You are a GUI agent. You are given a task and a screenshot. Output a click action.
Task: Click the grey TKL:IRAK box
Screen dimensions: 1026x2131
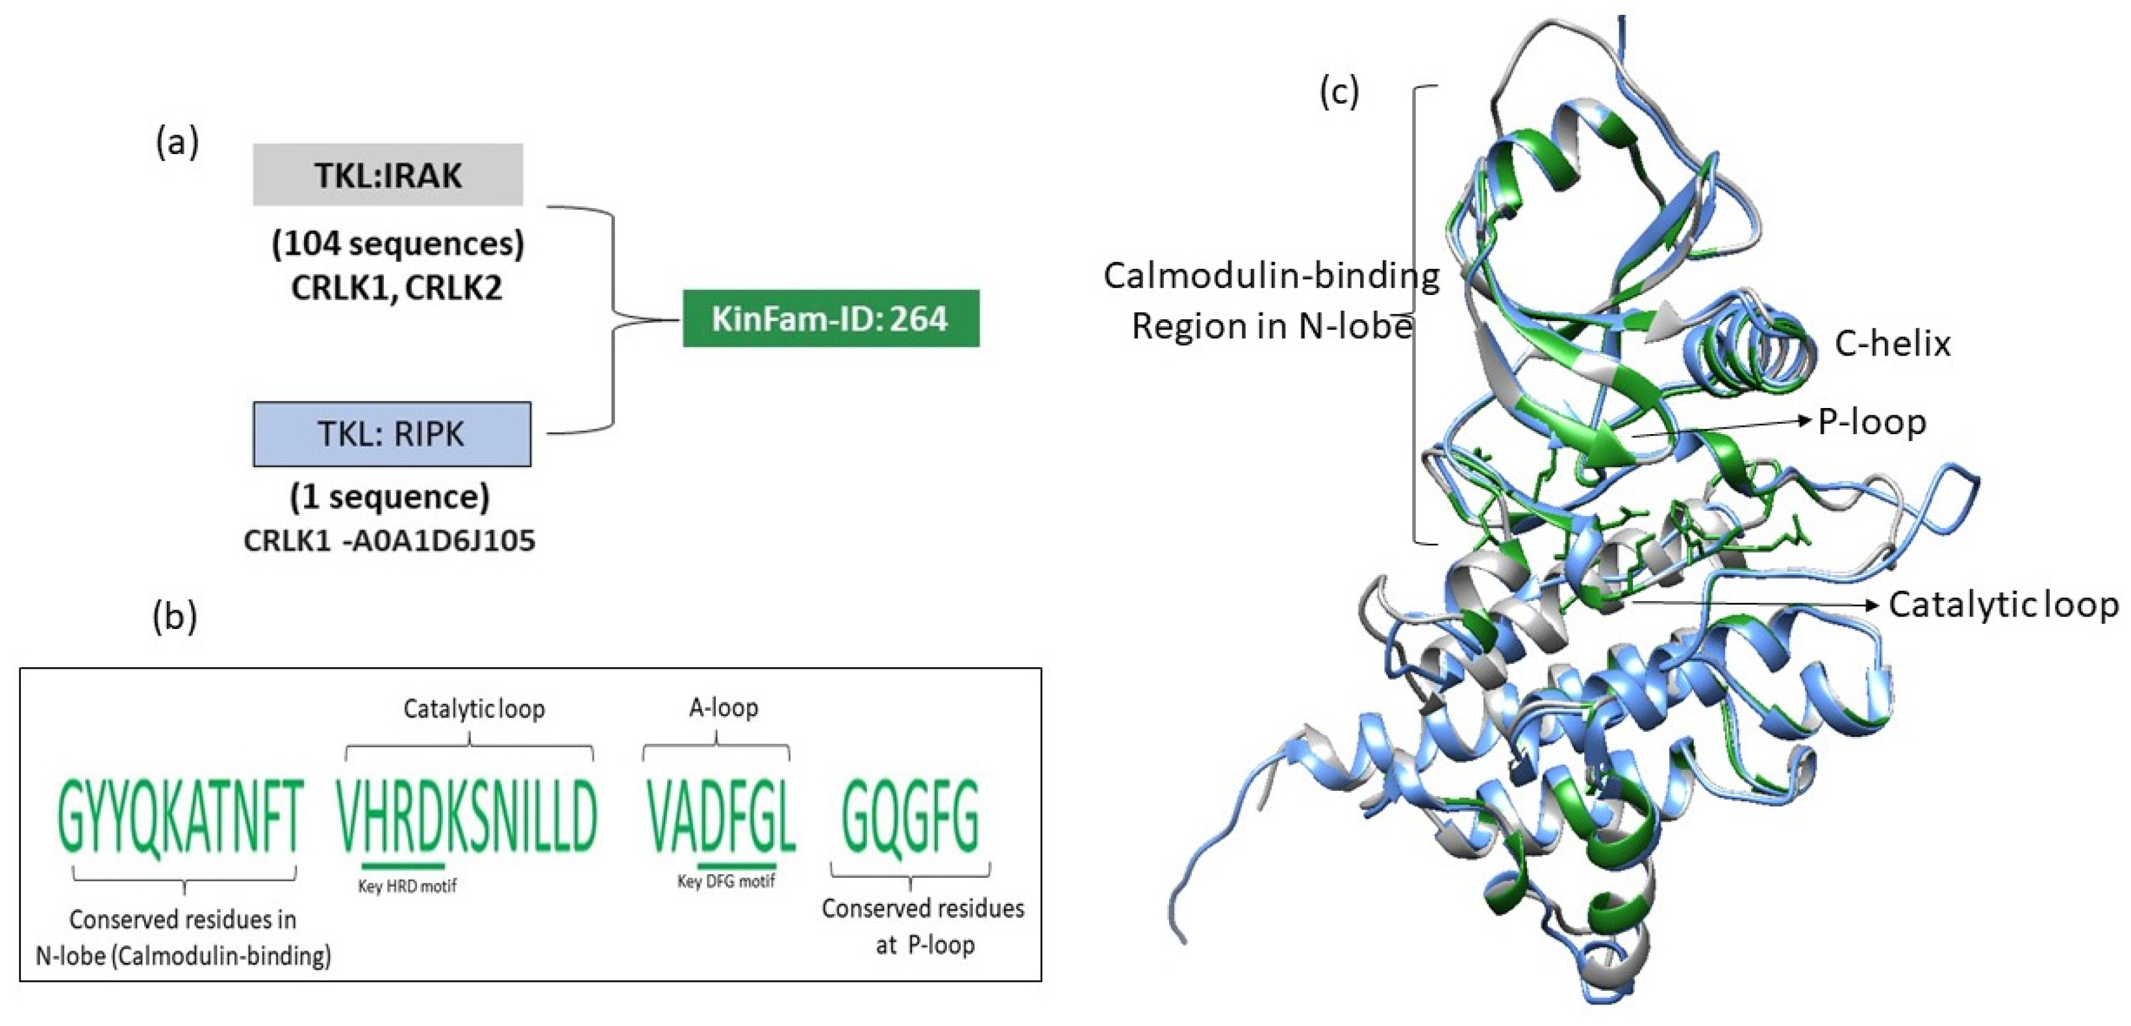[387, 175]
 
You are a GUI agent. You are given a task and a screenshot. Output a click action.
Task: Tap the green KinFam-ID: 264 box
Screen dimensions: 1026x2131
[830, 318]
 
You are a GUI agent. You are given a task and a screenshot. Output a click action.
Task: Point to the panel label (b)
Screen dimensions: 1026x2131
[175, 617]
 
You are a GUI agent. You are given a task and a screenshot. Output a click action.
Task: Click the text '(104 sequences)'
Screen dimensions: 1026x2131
[398, 244]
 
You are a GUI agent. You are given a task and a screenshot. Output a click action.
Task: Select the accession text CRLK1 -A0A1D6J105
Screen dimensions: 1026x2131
[389, 541]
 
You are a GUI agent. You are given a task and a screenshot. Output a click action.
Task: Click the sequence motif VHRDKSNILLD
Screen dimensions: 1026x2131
[468, 816]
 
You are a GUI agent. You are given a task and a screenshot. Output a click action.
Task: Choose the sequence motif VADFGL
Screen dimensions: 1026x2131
[720, 817]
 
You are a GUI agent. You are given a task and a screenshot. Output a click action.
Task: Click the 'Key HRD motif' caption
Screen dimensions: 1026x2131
[407, 886]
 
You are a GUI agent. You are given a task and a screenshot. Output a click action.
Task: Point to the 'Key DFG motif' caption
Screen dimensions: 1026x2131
[725, 881]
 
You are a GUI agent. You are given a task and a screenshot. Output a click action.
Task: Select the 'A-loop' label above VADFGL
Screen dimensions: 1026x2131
[723, 708]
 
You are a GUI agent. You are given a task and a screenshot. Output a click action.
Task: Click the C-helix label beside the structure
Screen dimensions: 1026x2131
[1892, 343]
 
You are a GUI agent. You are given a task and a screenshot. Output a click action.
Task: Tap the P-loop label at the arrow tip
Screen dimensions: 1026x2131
[1871, 422]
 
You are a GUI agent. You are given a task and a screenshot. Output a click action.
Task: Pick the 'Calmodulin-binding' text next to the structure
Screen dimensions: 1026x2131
[1270, 276]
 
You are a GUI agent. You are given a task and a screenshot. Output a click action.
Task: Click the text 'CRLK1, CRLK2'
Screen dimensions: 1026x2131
[396, 288]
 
